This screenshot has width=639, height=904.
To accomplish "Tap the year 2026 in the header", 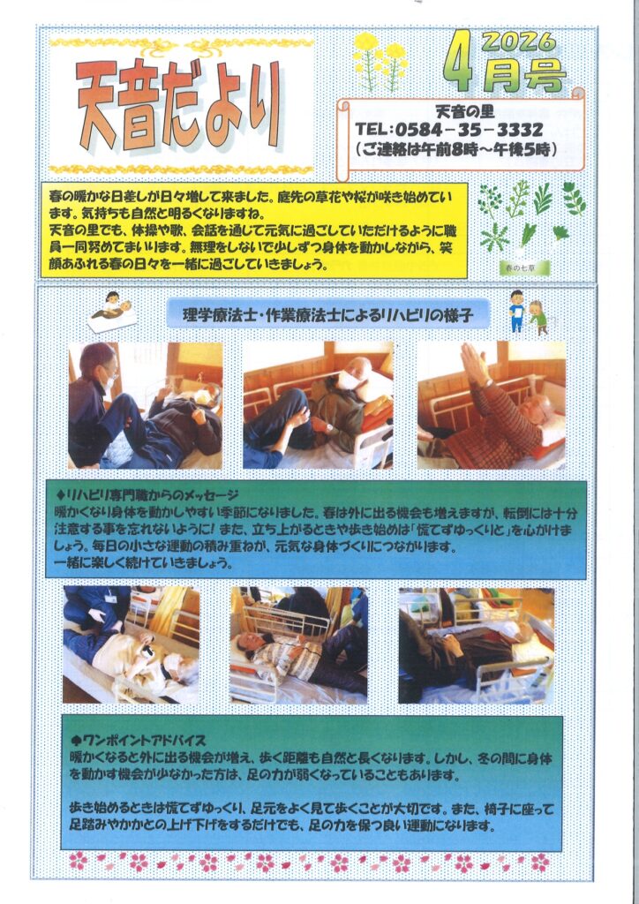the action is coord(519,41).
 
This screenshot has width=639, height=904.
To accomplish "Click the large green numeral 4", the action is coord(459,61).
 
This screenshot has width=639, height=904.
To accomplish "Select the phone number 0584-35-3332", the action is coord(467,129).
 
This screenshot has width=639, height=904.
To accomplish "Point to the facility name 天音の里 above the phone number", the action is coord(464,111).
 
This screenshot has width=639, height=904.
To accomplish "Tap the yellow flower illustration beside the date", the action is coord(380,62).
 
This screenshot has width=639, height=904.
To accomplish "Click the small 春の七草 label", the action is coord(524,267).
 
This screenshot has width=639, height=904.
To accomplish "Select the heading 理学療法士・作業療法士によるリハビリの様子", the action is coord(327,315).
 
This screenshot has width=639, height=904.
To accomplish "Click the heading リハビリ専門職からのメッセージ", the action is coord(147,495).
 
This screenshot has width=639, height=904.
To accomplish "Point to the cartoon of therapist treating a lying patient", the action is coord(112,312).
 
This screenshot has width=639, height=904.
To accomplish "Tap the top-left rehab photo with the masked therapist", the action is coord(146,405).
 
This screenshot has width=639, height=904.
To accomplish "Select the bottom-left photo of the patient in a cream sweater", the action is coord(131,644).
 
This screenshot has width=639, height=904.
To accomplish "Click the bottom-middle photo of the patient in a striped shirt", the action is coord(298,645).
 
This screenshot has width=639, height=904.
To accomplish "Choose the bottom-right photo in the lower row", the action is coord(477,645).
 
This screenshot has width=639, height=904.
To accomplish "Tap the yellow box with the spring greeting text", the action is coord(254,230).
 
